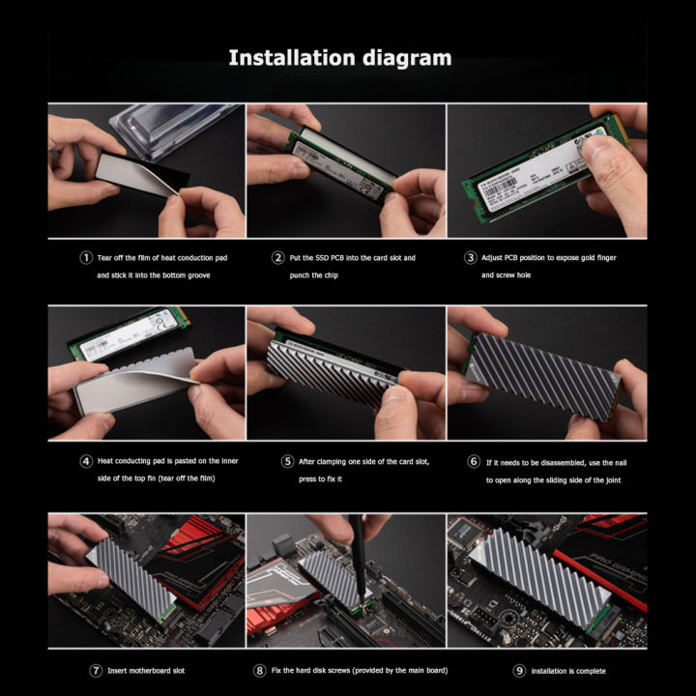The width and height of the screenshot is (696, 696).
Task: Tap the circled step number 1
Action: [x=86, y=258]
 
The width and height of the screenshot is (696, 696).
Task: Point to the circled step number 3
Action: [x=471, y=258]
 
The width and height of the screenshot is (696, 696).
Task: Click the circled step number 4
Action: [x=86, y=461]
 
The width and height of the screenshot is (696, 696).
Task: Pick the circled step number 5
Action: [x=288, y=461]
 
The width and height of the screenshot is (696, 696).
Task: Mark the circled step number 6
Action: [x=474, y=461]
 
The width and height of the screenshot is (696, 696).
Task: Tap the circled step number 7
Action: [x=96, y=669]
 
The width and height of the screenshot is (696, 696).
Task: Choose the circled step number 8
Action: [x=260, y=669]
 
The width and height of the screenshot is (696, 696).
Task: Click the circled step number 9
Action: [x=521, y=669]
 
